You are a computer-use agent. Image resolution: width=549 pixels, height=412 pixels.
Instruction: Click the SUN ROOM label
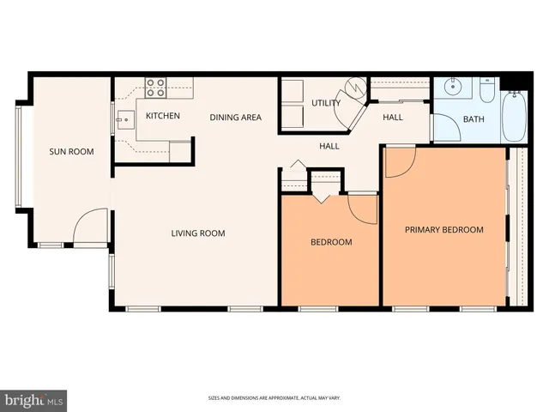[x=71, y=152]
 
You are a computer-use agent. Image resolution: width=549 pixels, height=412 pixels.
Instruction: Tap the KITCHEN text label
[x=162, y=116]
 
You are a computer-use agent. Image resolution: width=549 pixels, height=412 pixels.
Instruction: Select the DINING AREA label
[x=236, y=117]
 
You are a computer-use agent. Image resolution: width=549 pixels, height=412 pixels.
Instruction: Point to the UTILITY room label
[x=326, y=103]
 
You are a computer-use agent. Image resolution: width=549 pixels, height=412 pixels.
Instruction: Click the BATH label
[x=474, y=119]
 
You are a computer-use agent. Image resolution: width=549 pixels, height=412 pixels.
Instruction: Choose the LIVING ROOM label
[x=198, y=233]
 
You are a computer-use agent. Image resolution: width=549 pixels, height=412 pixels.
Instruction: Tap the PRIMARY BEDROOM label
[x=444, y=230]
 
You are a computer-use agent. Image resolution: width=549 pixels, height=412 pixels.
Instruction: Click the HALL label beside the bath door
[x=393, y=118]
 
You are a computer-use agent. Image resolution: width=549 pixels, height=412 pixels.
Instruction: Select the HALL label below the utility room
[x=329, y=146]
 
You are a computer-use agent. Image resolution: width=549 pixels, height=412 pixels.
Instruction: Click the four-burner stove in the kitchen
[x=155, y=87]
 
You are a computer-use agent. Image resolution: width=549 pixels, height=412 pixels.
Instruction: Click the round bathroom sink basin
[x=453, y=88]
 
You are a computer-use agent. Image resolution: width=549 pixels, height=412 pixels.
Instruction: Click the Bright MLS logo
[x=33, y=400]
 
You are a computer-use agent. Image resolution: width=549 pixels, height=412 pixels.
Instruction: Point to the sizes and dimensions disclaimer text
[x=274, y=398]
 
